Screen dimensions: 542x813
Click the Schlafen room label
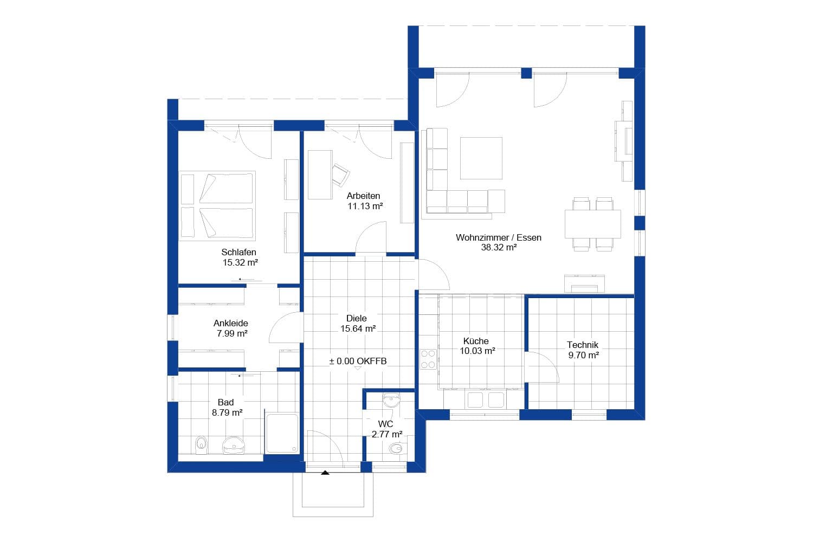tap(238, 252)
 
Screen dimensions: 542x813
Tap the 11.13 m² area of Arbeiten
tap(365, 206)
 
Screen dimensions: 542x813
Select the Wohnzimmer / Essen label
tap(498, 237)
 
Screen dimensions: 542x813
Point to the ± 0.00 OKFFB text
tap(358, 361)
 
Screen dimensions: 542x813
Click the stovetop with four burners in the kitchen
tap(428, 359)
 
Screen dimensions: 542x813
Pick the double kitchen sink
tap(486, 400)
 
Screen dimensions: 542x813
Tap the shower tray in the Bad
tap(282, 434)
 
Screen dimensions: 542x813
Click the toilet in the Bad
tap(201, 445)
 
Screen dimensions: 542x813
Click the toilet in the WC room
tap(396, 449)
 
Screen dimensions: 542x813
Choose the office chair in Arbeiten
tap(340, 175)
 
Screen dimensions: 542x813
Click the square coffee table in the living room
tap(481, 158)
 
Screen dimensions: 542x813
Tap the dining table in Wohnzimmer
tap(592, 224)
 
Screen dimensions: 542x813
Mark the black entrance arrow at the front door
tap(325, 473)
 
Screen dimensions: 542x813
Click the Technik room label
tap(582, 345)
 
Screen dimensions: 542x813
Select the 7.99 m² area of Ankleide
tap(231, 333)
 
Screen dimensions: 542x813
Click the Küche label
tap(475, 341)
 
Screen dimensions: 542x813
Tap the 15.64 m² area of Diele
tap(358, 328)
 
